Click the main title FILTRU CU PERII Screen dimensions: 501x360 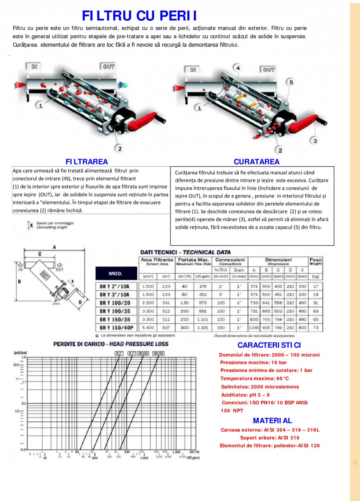(x=139, y=16)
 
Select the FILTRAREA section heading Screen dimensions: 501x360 (x=86, y=162)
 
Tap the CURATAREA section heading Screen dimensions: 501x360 (x=257, y=162)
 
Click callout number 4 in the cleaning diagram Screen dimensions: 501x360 (x=238, y=68)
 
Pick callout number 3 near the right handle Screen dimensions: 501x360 (x=315, y=141)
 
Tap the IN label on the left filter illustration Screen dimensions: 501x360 (x=34, y=66)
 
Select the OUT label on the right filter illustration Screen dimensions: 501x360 (x=268, y=70)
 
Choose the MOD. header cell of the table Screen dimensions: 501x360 (x=115, y=273)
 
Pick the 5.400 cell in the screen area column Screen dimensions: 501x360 (x=148, y=328)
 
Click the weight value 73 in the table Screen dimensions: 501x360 (x=315, y=328)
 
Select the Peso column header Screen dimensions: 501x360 (x=315, y=261)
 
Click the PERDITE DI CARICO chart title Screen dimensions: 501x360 (x=111, y=344)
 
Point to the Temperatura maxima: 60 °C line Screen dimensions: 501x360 (x=254, y=379)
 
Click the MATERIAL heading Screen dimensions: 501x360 (x=272, y=421)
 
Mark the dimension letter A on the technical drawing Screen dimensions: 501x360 (x=54, y=247)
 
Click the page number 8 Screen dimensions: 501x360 (x=355, y=463)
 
